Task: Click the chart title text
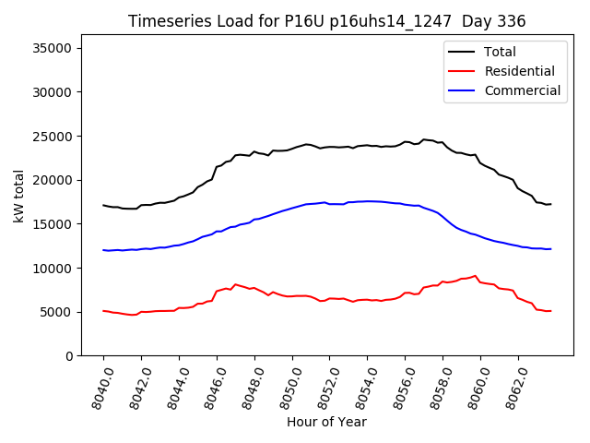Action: pyautogui.click(x=321, y=20)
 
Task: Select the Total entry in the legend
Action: pyautogui.click(x=500, y=52)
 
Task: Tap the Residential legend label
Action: pyautogui.click(x=519, y=71)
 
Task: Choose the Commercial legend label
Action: pyautogui.click(x=522, y=90)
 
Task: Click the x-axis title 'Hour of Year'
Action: pyautogui.click(x=326, y=422)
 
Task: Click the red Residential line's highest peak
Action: pyautogui.click(x=476, y=275)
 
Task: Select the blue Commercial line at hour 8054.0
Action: pyautogui.click(x=368, y=201)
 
